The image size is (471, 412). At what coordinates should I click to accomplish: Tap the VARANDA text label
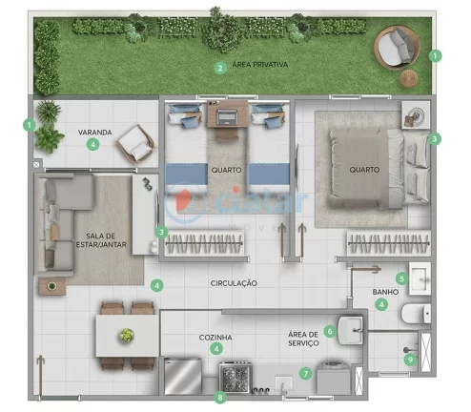coord(94,133)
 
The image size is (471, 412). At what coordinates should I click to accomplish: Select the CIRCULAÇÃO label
coord(234,283)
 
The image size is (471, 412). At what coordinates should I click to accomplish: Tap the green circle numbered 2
coord(219,68)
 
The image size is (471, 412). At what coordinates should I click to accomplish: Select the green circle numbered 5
coord(402,278)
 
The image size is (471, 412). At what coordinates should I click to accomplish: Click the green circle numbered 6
coord(330,331)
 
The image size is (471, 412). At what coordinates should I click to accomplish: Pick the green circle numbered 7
coord(305,374)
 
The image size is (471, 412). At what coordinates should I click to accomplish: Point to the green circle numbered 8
coord(221,397)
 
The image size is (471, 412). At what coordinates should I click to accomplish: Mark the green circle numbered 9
coord(411,360)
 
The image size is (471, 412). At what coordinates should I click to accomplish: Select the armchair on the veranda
coord(134,145)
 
